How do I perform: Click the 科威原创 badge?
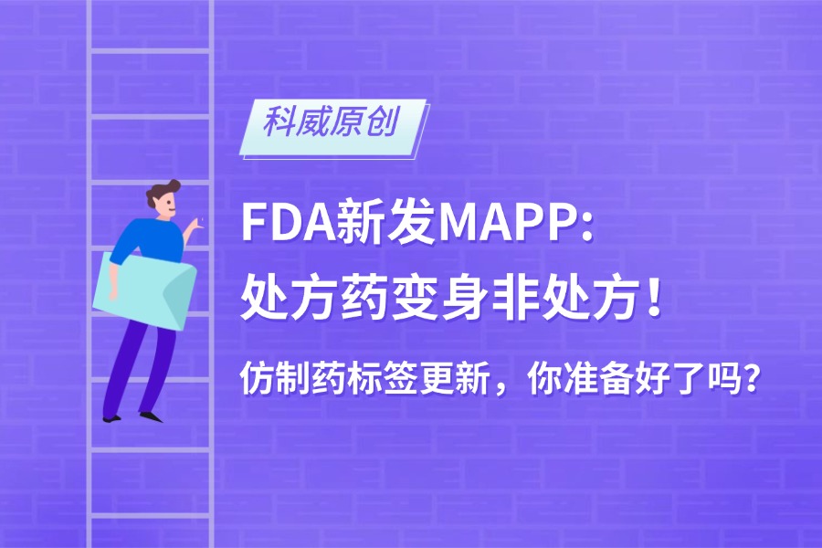pos(333,127)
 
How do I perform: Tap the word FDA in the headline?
pos(289,223)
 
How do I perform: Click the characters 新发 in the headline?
pos(386,223)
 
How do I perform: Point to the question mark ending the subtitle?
pos(752,378)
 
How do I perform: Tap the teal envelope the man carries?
pos(144,290)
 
